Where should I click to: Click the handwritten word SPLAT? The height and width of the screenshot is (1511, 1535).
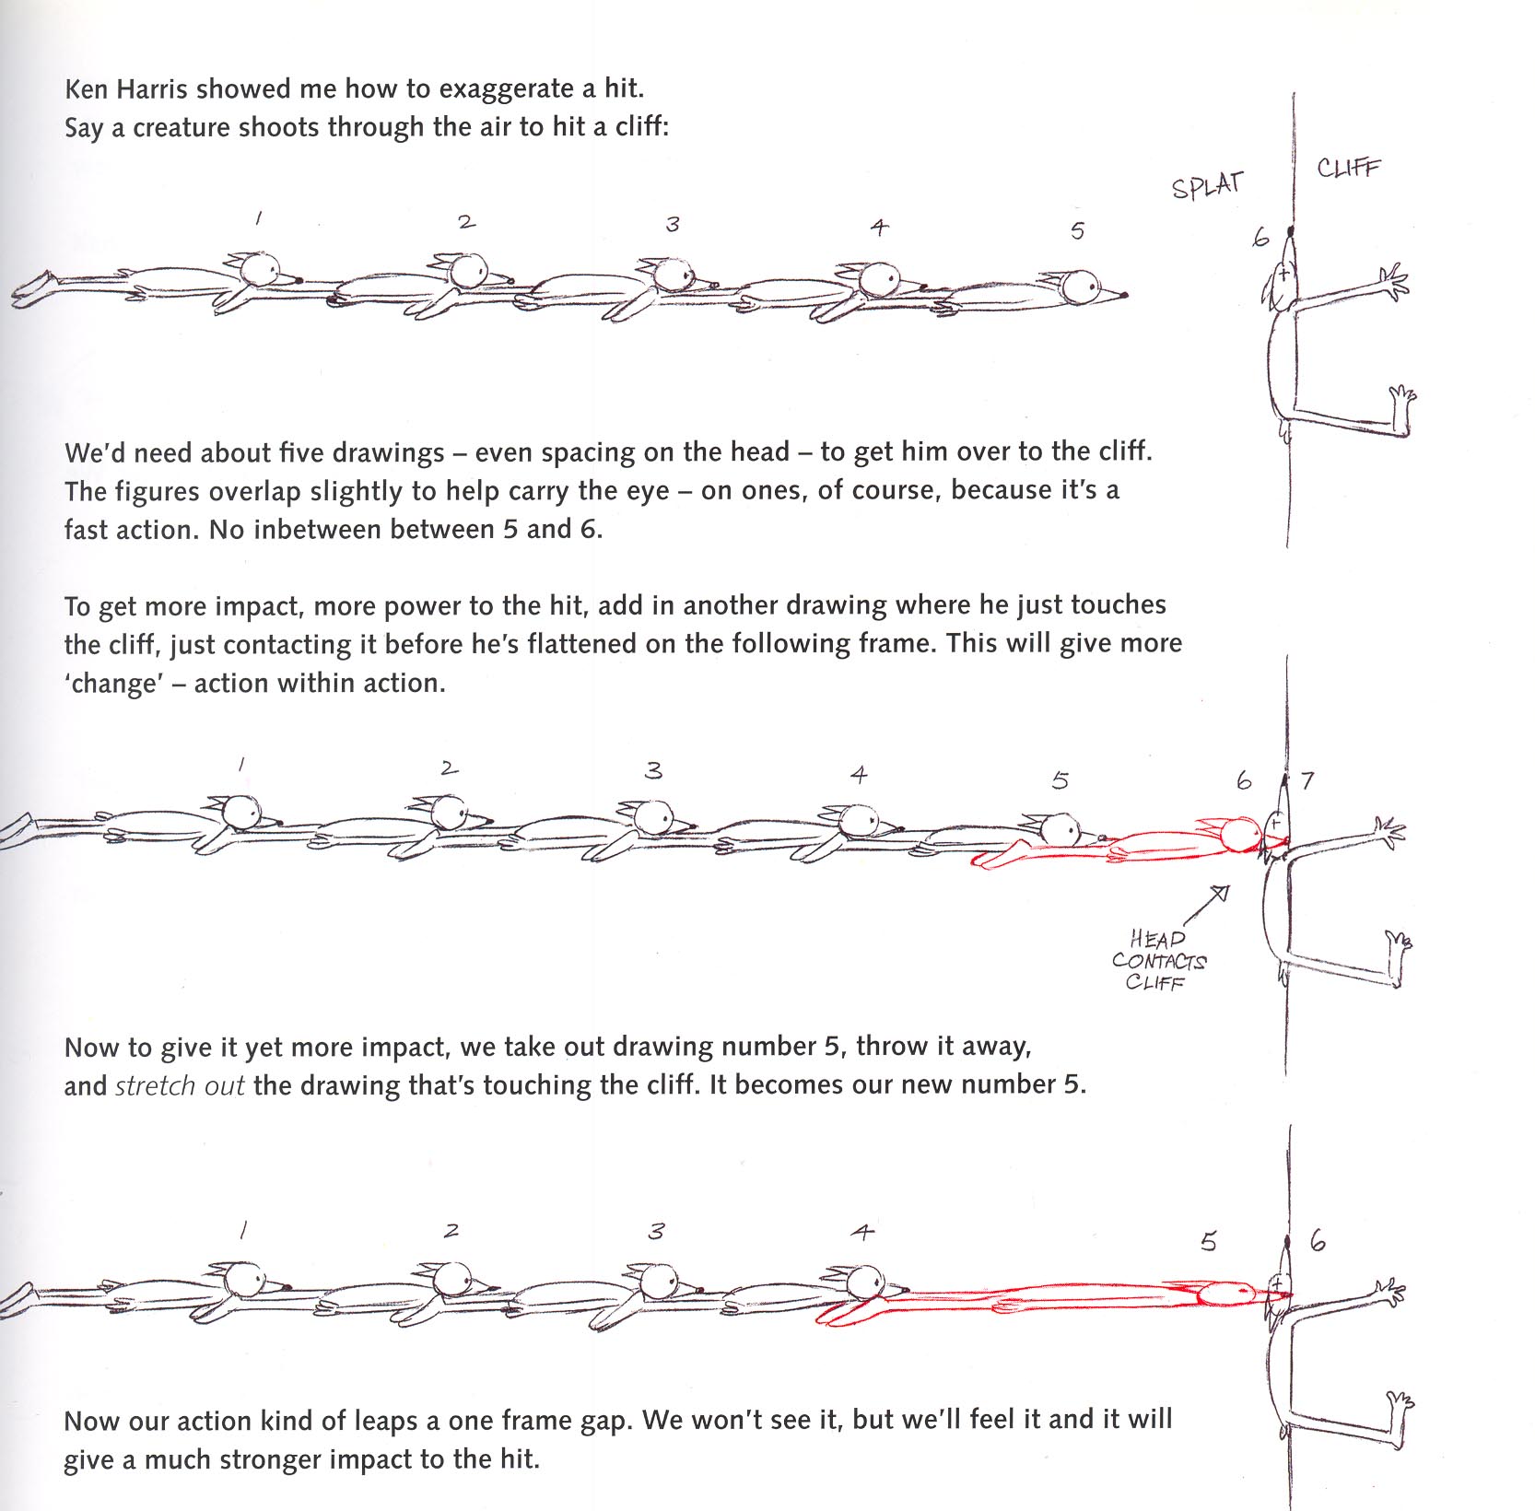[1207, 185]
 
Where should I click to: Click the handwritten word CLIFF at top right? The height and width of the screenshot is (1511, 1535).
[1348, 168]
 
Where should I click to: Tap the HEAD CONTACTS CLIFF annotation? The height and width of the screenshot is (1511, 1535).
[1158, 960]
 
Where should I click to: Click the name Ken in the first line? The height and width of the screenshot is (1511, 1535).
[87, 89]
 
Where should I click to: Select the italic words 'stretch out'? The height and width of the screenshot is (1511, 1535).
[179, 1085]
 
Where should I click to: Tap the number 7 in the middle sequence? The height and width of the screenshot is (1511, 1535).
[1307, 781]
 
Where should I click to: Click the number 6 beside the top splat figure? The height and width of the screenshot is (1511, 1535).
[1260, 238]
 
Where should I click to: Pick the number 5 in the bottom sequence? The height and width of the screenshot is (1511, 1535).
[1209, 1242]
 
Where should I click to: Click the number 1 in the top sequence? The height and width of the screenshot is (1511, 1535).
[259, 218]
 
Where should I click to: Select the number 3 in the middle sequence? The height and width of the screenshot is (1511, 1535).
[653, 770]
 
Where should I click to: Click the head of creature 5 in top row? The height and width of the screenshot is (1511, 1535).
[1080, 287]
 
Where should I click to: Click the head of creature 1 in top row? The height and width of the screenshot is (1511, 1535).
[261, 269]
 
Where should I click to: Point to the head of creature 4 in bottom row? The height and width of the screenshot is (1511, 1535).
[864, 1282]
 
